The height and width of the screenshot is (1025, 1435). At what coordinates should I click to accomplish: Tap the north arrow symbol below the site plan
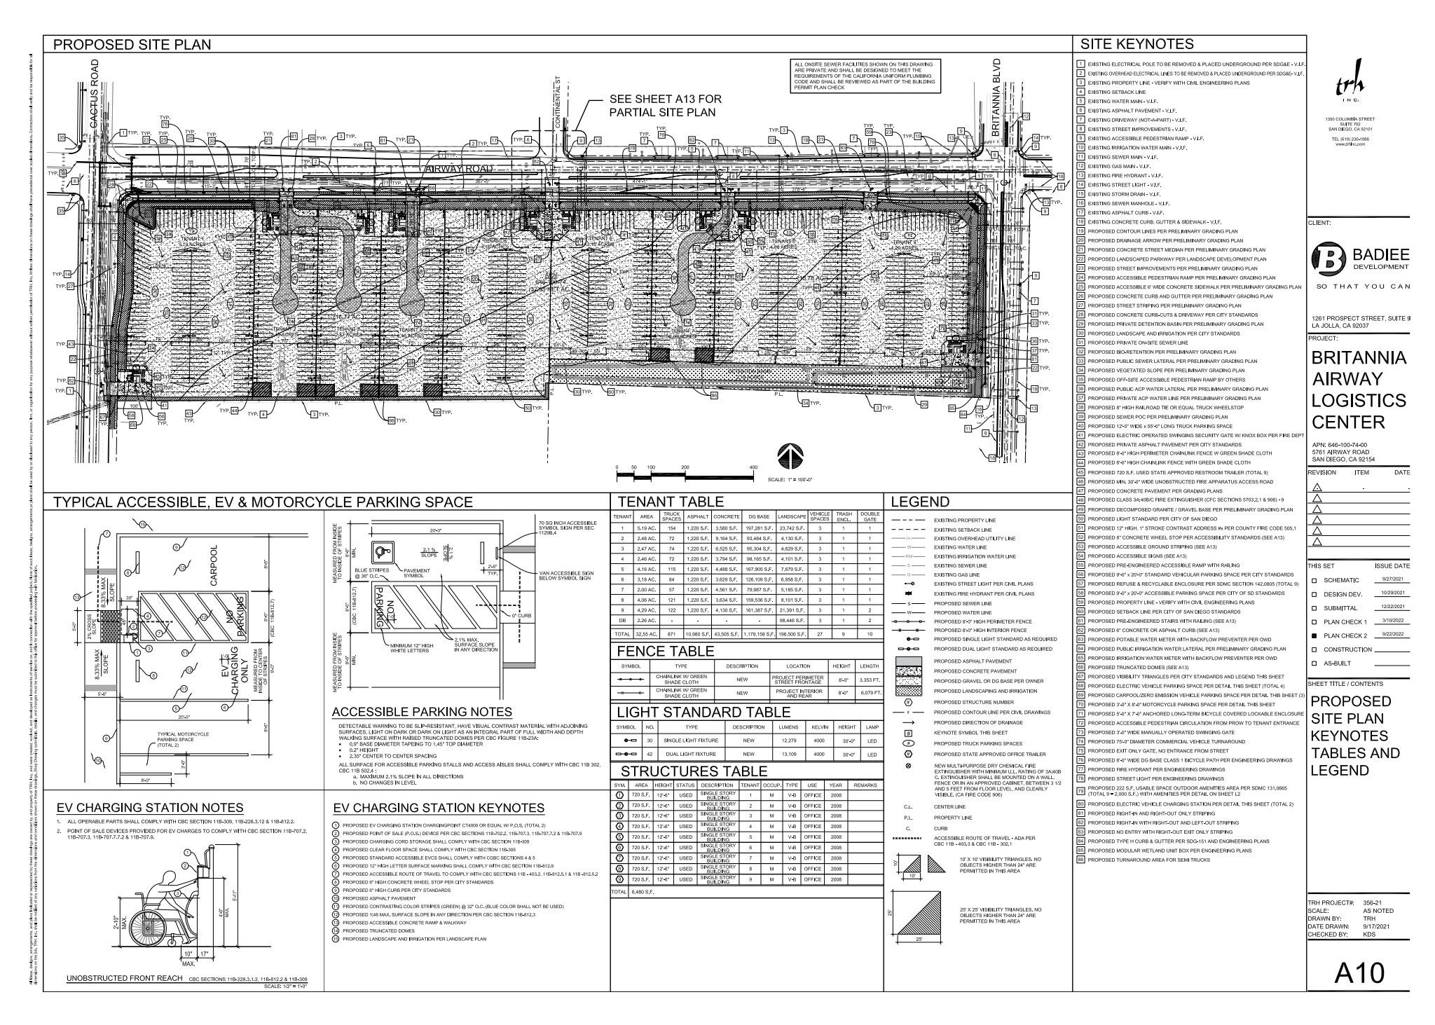click(787, 458)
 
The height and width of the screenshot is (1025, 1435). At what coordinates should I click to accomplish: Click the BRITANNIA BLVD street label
click(997, 92)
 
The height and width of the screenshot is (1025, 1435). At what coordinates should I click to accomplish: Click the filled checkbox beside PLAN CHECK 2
click(1314, 635)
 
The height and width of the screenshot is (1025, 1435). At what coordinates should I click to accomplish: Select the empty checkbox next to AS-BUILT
click(1314, 663)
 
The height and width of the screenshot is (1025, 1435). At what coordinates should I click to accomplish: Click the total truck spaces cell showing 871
click(671, 633)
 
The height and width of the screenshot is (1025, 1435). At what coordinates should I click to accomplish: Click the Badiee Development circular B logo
click(1327, 260)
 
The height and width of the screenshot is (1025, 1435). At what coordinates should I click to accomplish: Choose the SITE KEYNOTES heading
click(1137, 44)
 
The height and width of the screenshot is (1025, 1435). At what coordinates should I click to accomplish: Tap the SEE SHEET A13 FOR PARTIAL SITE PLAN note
click(664, 106)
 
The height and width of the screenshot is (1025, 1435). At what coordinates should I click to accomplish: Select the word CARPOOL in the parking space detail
click(214, 565)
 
